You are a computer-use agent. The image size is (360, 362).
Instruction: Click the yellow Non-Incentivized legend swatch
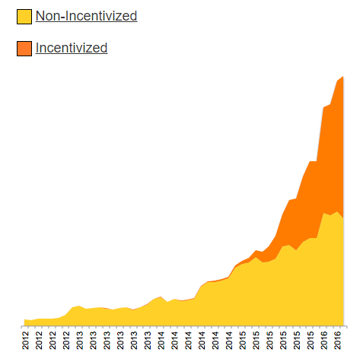(x=24, y=16)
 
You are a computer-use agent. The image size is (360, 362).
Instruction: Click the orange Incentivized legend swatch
(x=24, y=49)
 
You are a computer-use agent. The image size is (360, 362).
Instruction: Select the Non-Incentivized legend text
(x=86, y=15)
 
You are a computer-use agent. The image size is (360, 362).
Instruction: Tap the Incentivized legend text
(x=72, y=48)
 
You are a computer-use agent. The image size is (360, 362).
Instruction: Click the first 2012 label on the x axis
(x=26, y=340)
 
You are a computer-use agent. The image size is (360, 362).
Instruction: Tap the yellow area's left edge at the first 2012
(x=25, y=322)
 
